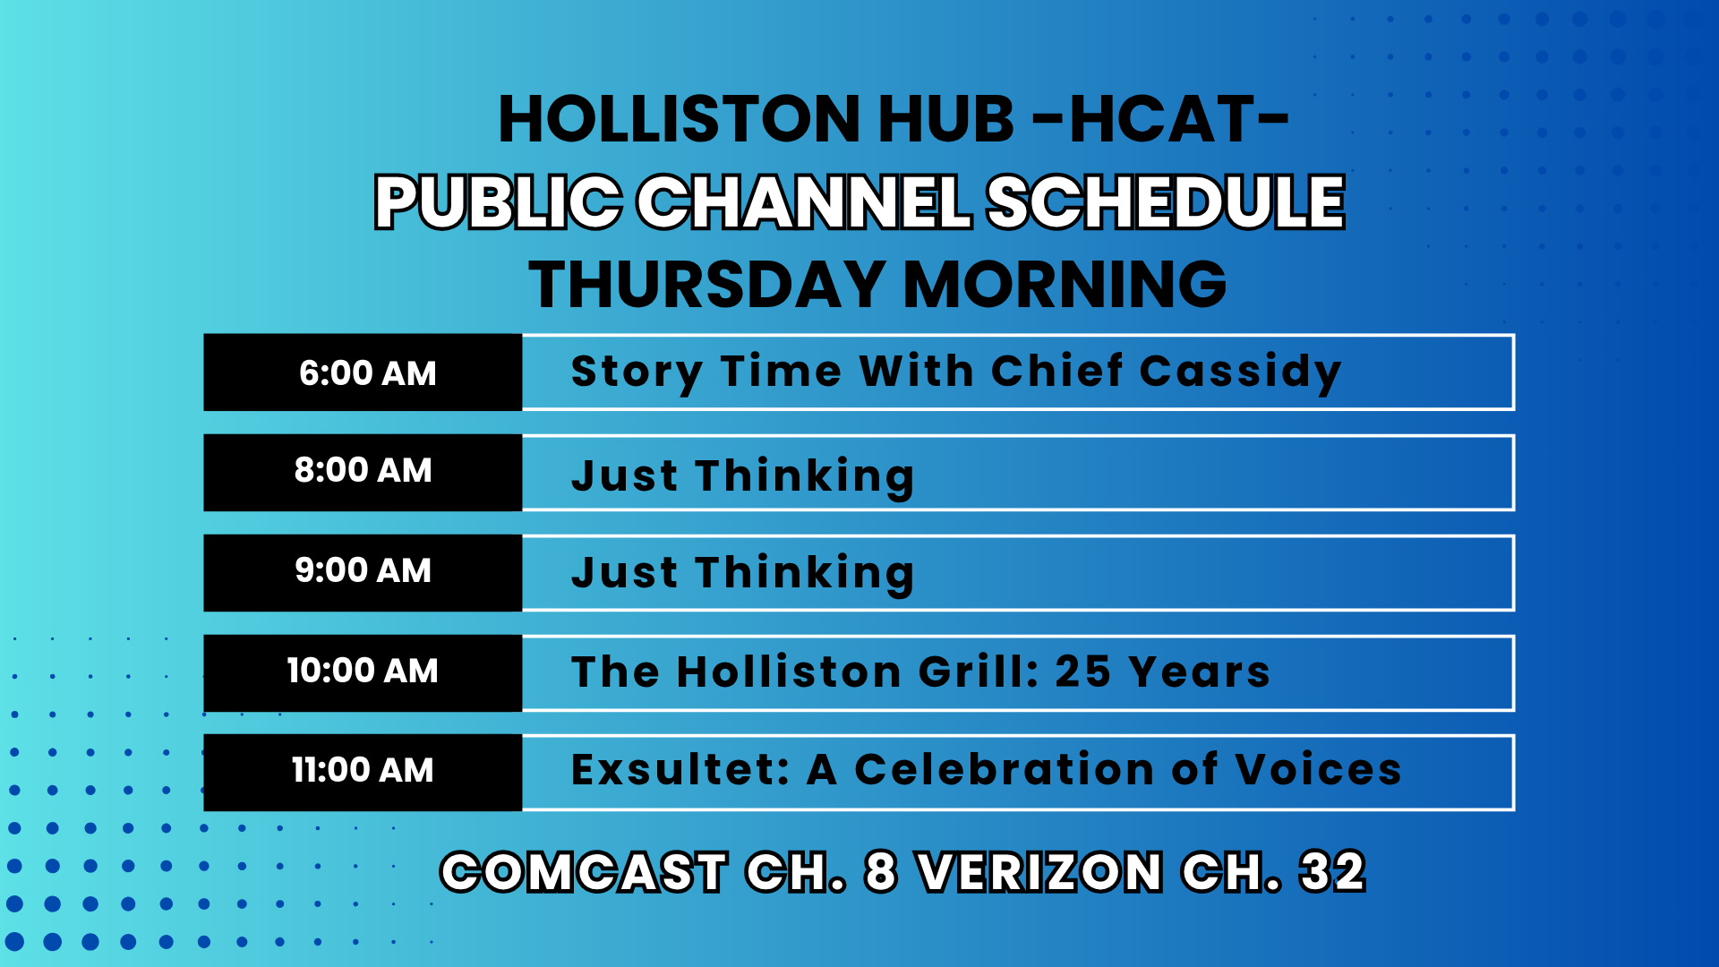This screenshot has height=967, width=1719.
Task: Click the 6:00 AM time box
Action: (363, 372)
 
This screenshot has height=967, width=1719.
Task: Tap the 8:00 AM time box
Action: (363, 473)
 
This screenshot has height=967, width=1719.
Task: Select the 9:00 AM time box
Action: (363, 573)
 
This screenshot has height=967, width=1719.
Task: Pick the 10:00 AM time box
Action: (363, 673)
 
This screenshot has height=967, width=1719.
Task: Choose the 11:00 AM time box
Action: (363, 773)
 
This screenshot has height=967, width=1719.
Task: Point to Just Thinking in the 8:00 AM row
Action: (743, 476)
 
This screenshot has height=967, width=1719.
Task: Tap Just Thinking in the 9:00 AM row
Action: (743, 573)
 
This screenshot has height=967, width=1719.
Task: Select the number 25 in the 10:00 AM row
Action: (1083, 672)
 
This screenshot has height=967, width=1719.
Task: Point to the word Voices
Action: (1318, 769)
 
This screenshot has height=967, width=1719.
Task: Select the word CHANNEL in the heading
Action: (804, 201)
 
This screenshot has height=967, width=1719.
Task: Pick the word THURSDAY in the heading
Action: (707, 285)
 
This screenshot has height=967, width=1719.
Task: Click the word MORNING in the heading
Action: (1065, 285)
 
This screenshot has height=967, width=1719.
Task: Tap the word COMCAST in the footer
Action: (584, 872)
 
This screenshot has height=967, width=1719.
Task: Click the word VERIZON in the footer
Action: (1040, 872)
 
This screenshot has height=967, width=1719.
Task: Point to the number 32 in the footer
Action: (1333, 872)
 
